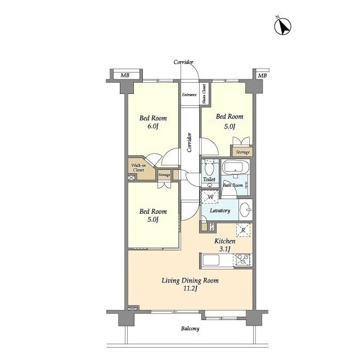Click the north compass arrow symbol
(283, 26)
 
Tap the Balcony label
(190, 328)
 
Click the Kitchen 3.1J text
(225, 245)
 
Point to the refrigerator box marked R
(244, 230)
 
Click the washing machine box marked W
(210, 197)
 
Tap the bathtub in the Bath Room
(236, 167)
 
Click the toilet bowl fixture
(209, 168)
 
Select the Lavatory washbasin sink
(246, 210)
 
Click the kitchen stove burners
(243, 260)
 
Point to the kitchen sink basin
(211, 260)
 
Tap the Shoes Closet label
(204, 94)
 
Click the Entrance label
(189, 94)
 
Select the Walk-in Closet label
(138, 168)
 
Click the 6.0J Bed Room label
(153, 122)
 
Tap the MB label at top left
(125, 75)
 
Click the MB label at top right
(262, 75)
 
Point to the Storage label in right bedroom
(242, 152)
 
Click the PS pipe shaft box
(212, 227)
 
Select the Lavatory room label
(220, 210)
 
